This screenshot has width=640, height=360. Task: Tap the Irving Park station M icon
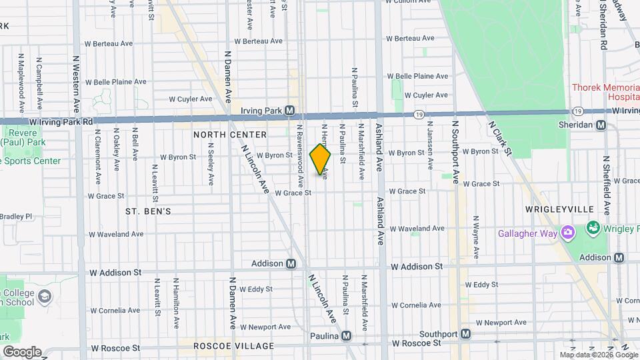(290, 110)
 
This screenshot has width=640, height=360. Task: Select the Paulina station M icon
(346, 335)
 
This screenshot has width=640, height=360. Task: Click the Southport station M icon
(465, 333)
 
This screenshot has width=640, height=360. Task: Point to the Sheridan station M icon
(601, 125)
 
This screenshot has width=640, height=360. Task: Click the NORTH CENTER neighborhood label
(230, 135)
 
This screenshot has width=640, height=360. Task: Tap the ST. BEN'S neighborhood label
(149, 211)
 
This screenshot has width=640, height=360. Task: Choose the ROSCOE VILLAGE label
(225, 346)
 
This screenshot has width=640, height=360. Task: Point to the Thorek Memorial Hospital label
(605, 92)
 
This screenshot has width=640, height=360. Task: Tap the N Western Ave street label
(76, 80)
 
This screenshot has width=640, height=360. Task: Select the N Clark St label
(500, 138)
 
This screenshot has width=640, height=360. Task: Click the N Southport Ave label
(456, 152)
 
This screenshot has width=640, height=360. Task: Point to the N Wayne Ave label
(477, 237)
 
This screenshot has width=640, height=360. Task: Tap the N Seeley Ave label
(211, 164)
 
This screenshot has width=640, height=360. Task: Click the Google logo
(21, 351)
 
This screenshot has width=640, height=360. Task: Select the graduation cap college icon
(45, 295)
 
